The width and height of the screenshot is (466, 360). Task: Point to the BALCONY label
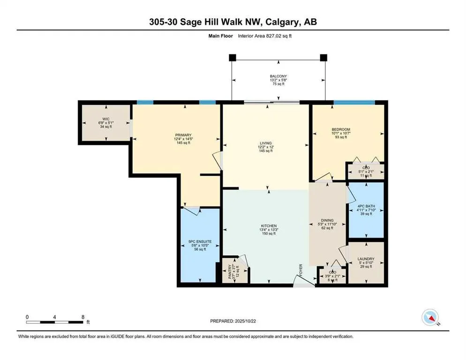278,76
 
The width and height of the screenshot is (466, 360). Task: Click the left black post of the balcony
232,58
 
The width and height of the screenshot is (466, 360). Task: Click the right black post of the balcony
323,58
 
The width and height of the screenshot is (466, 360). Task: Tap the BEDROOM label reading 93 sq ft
341,137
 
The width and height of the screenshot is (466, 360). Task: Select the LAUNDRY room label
366,259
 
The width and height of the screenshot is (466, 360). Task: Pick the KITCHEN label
269,225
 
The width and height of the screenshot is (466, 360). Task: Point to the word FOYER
302,270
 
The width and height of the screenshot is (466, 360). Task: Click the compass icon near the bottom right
429,317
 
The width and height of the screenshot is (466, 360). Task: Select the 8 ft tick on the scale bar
83,317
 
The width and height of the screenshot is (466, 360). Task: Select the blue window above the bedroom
353,102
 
